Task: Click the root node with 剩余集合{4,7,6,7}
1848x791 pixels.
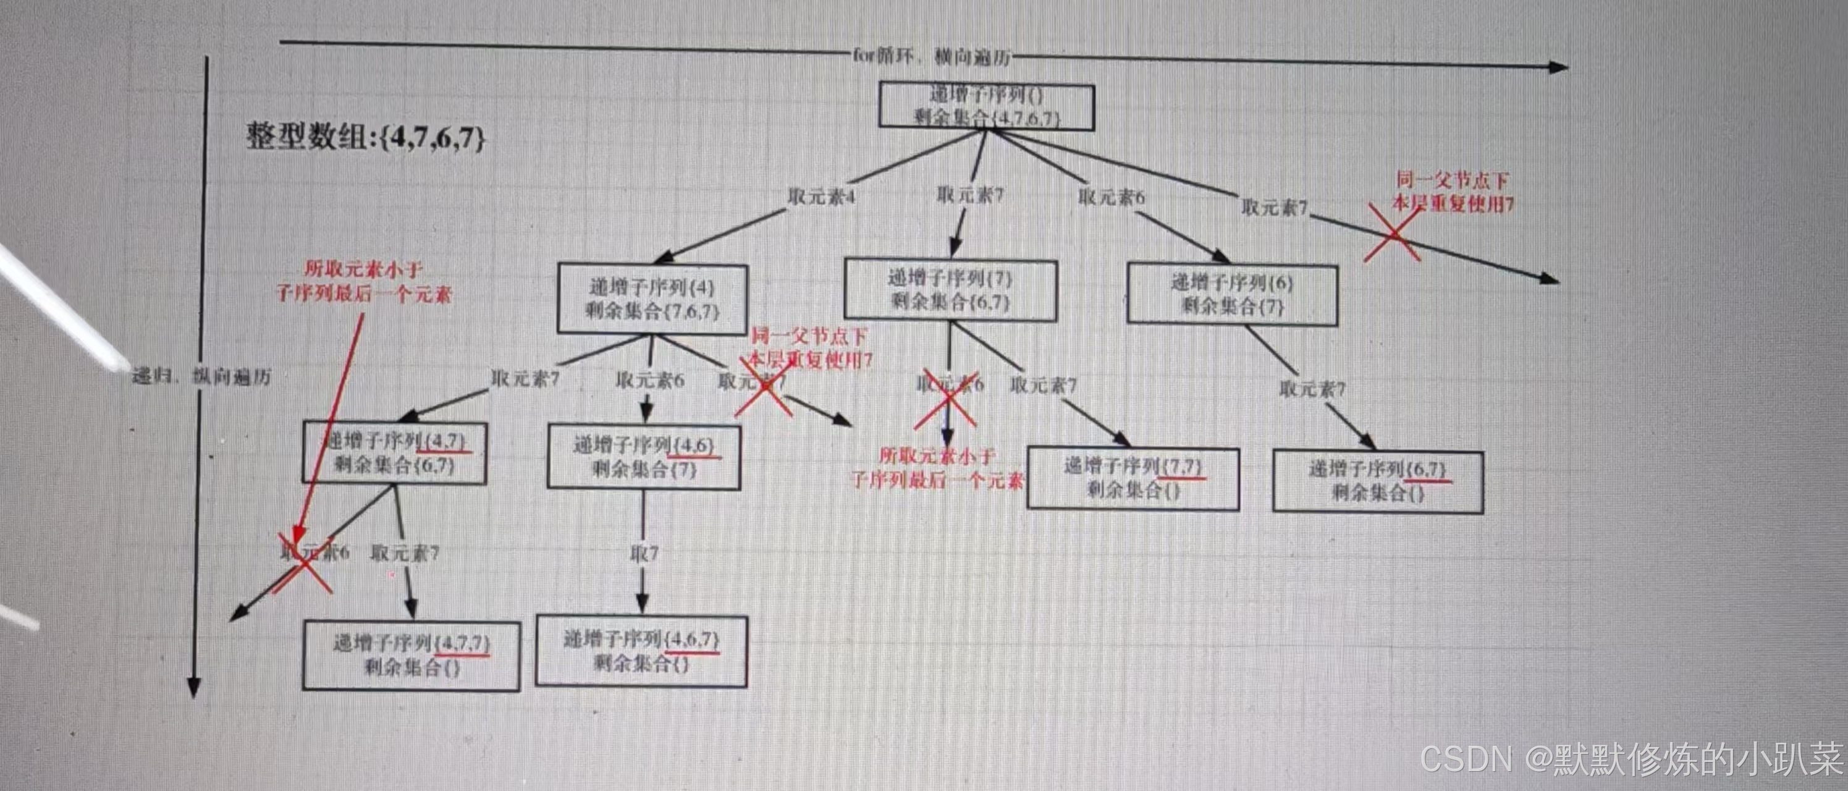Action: click(x=987, y=107)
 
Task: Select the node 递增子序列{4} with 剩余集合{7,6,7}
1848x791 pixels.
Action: click(x=652, y=299)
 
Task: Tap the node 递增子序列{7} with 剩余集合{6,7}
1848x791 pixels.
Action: click(x=950, y=289)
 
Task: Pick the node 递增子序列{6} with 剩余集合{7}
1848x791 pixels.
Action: click(x=1232, y=294)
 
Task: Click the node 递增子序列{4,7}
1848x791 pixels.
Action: click(x=395, y=452)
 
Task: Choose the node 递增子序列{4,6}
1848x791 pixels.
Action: click(x=644, y=457)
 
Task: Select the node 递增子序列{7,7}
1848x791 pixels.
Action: click(x=1133, y=479)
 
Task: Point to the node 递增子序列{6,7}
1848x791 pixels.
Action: click(x=1377, y=481)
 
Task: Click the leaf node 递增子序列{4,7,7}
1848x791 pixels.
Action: click(x=411, y=654)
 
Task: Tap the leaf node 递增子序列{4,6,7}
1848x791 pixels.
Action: click(x=641, y=650)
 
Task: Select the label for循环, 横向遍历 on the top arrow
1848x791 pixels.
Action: click(x=932, y=56)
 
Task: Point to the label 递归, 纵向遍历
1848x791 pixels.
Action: click(x=201, y=376)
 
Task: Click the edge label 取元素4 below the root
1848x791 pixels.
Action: click(x=821, y=197)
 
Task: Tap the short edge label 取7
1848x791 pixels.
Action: click(x=644, y=554)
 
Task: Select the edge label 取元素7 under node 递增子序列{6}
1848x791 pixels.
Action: click(x=1312, y=389)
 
